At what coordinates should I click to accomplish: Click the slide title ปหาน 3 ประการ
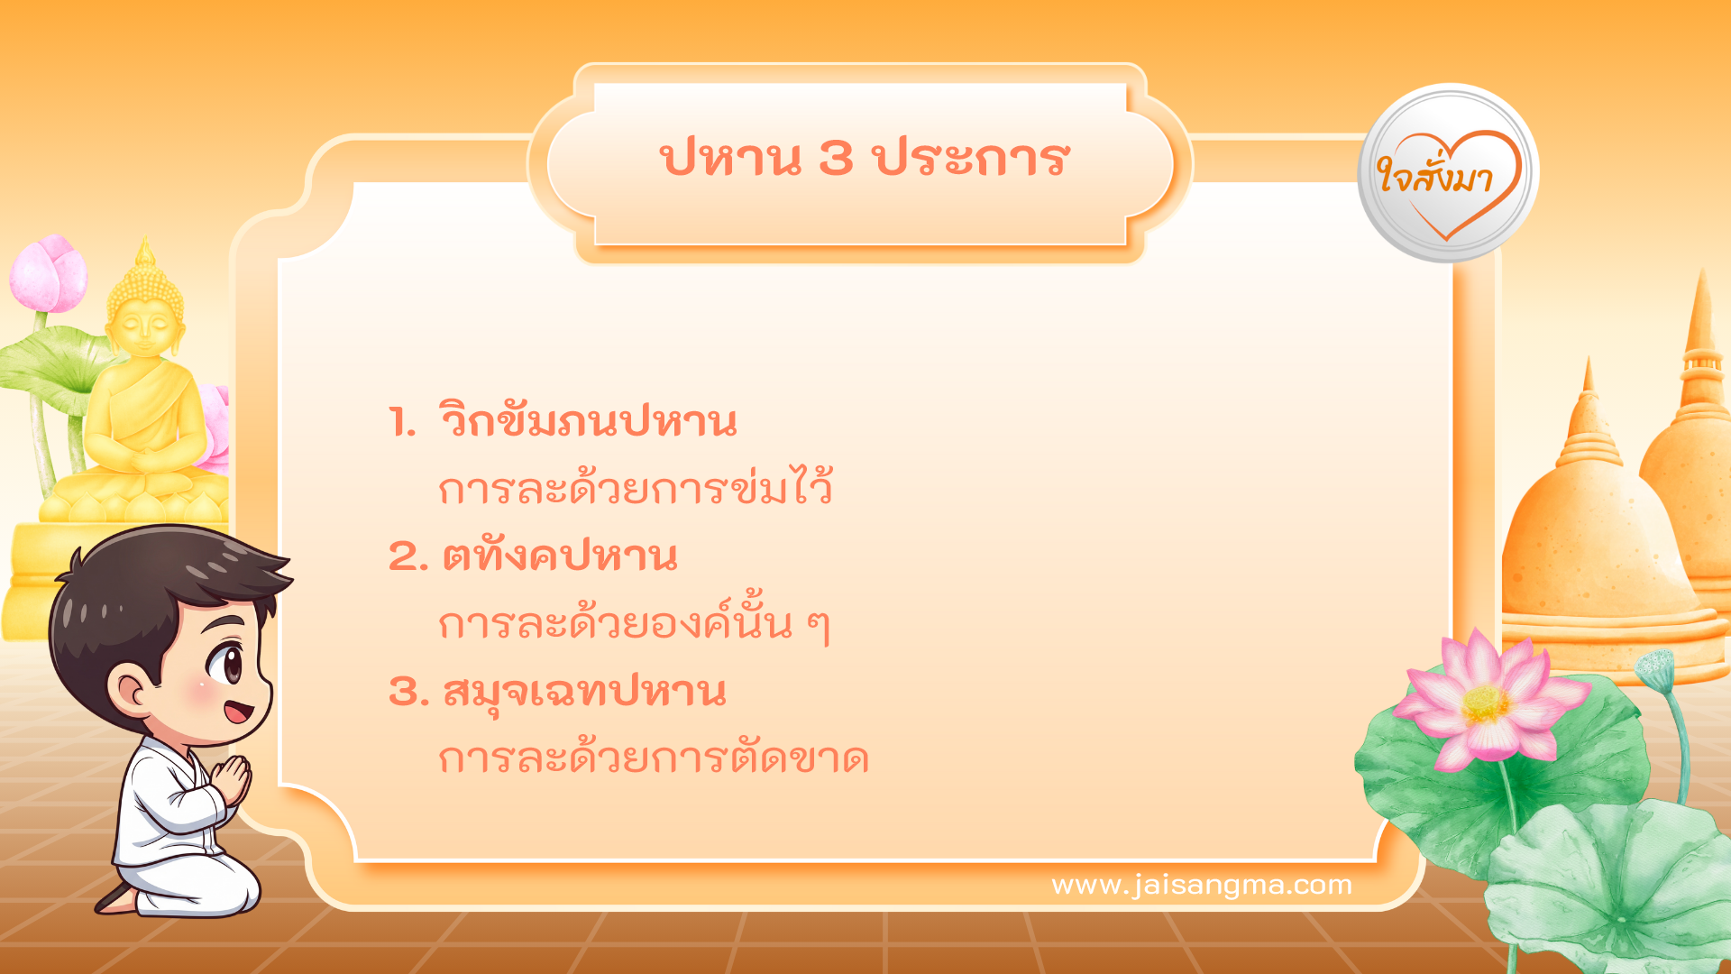pos(864,159)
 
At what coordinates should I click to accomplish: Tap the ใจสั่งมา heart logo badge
pos(1448,173)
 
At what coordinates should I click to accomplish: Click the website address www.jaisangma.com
pos(1201,885)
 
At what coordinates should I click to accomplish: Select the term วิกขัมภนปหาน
pos(588,421)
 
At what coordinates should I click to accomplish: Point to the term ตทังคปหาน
pos(559,556)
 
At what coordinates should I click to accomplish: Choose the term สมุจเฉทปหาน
pos(583,692)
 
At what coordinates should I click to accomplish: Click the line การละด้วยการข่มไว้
pos(635,488)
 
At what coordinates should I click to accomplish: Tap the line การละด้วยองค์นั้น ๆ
pos(633,623)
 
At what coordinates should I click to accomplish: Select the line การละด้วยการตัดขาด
pos(653,758)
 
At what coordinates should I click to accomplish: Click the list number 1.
pos(400,422)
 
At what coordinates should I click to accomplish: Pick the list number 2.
pos(406,556)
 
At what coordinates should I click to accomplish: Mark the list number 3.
pos(406,692)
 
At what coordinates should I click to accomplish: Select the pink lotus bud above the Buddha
pos(50,273)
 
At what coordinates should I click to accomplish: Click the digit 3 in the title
pos(836,159)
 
